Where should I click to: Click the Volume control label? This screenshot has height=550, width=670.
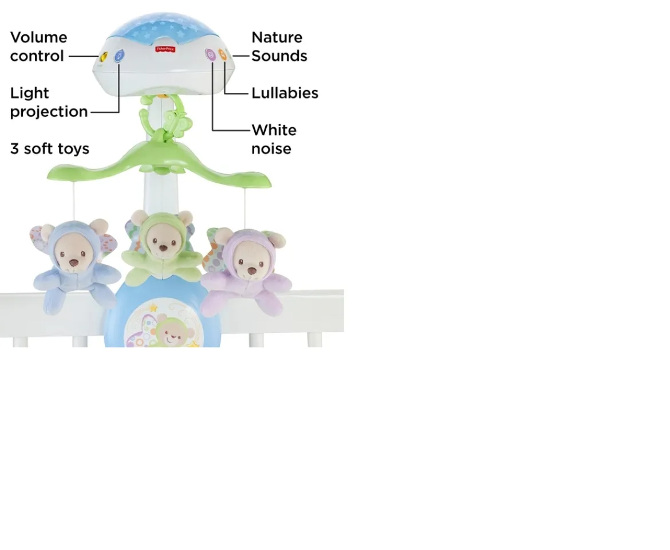tap(38, 46)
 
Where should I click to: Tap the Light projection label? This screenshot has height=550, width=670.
tap(49, 102)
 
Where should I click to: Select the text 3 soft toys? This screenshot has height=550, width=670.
tap(50, 148)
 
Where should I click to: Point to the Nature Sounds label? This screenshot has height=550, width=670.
tap(279, 46)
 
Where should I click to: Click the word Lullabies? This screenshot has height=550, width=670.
tap(285, 93)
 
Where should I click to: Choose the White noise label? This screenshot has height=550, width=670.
tap(274, 139)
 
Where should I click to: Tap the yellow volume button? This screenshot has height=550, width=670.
tap(104, 56)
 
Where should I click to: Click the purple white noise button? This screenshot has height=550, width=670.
tap(211, 55)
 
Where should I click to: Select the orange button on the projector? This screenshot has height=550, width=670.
tap(223, 55)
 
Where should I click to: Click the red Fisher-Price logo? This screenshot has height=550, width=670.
tap(165, 50)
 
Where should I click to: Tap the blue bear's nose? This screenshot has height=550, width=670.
tap(74, 263)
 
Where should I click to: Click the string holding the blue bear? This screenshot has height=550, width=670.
tap(74, 201)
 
